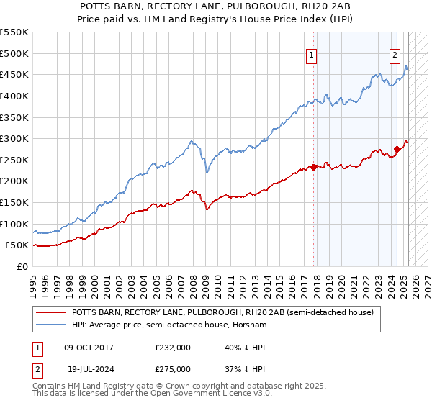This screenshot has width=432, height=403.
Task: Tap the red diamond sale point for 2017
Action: (x=314, y=168)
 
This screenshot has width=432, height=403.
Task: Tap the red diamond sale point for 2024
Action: (x=397, y=150)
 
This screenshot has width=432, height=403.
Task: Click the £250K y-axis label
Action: (x=14, y=160)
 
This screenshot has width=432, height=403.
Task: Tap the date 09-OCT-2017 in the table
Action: (x=89, y=348)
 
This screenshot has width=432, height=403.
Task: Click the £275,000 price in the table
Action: (x=173, y=369)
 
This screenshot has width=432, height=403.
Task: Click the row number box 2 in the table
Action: (x=37, y=369)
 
